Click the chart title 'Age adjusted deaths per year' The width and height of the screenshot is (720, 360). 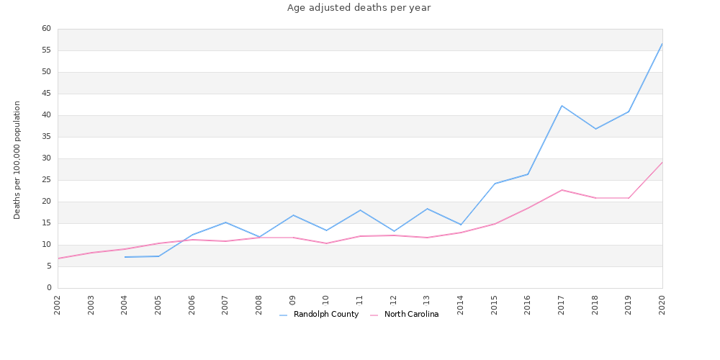click(359, 8)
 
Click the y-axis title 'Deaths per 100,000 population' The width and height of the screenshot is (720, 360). click(17, 160)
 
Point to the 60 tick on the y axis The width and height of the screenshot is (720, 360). click(46, 29)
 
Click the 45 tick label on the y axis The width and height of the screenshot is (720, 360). click(46, 94)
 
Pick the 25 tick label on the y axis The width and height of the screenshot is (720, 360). click(46, 180)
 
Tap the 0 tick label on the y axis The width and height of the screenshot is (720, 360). click(49, 288)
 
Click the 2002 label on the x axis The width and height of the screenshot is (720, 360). click(58, 304)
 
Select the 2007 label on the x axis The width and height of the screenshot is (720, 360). click(225, 304)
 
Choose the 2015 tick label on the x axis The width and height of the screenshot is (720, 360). click(495, 304)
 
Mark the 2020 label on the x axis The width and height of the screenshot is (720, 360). click(662, 304)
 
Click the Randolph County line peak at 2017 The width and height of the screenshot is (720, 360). click(562, 106)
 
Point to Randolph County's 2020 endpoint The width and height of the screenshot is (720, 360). click(662, 43)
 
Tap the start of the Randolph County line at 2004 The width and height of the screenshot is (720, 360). click(125, 257)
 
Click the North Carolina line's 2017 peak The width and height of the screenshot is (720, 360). click(562, 190)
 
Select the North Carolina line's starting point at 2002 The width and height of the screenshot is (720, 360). click(58, 258)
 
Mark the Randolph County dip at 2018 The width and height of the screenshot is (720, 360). click(595, 129)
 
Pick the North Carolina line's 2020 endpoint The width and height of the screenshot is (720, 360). click(662, 162)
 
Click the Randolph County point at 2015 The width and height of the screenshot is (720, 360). click(495, 184)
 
